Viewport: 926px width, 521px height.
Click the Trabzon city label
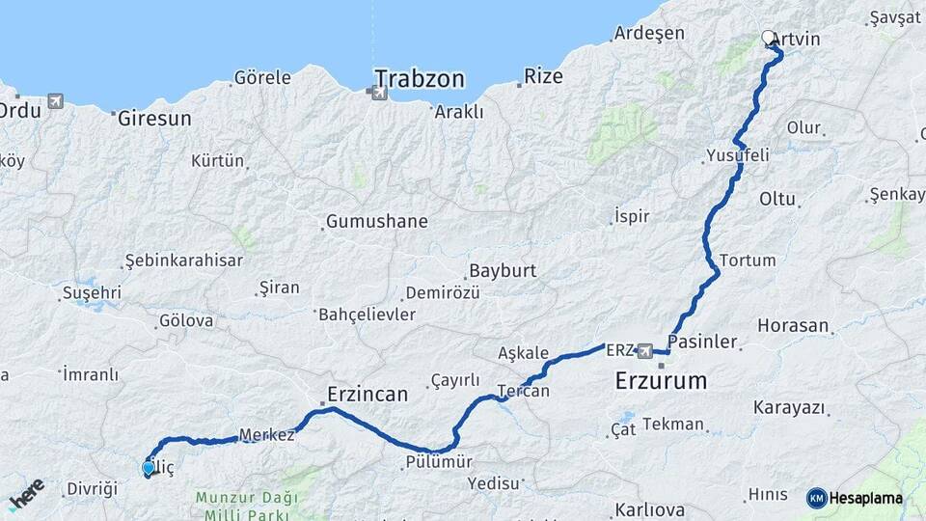point(419,78)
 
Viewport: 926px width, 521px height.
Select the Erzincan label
point(368,394)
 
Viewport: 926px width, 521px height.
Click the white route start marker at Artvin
point(769,38)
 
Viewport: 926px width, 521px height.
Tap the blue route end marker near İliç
point(148,468)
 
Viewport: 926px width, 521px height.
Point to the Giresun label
point(154,119)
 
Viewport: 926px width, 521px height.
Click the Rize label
point(543,76)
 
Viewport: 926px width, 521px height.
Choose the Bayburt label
point(502,271)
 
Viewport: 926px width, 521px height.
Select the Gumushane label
point(376,222)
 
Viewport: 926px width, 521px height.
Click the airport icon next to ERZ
point(644,349)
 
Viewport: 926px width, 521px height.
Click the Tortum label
point(748,260)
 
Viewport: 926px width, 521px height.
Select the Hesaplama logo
point(856,498)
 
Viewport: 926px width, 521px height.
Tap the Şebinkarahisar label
point(183,260)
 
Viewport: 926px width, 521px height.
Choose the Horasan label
point(793,326)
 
